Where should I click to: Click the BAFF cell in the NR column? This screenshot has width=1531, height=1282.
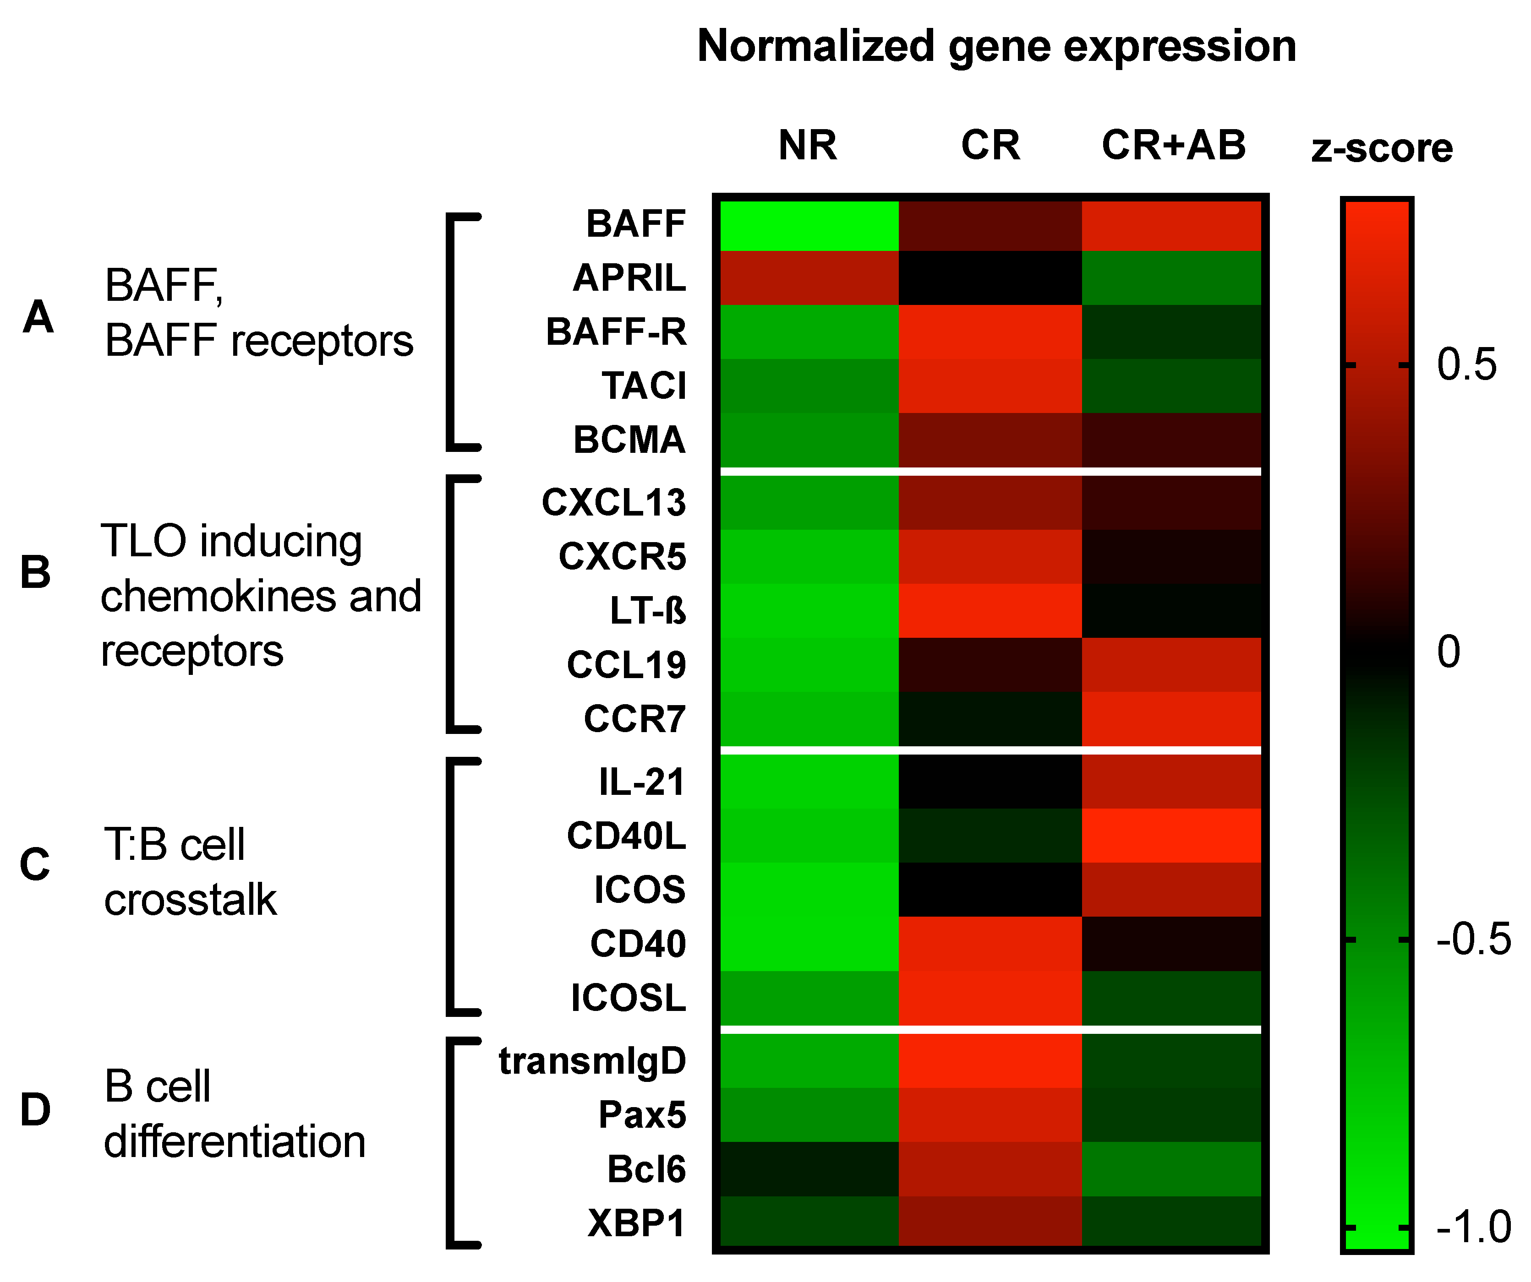coord(809,224)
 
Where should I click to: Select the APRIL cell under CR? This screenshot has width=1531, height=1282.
coord(990,277)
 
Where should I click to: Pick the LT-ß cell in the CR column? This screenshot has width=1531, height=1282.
coord(990,611)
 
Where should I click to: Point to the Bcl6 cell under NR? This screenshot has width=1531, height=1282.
coord(809,1169)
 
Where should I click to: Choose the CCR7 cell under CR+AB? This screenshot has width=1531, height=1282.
coord(1171,719)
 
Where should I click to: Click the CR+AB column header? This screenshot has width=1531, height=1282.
coord(1174,145)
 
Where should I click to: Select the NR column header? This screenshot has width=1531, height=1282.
coord(808,145)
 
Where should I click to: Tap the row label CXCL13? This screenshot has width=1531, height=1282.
coord(614,503)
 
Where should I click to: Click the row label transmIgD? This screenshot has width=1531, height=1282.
coord(592,1061)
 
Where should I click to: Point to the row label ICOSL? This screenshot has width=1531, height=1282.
coord(629,998)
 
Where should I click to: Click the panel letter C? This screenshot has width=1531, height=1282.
coord(35,865)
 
